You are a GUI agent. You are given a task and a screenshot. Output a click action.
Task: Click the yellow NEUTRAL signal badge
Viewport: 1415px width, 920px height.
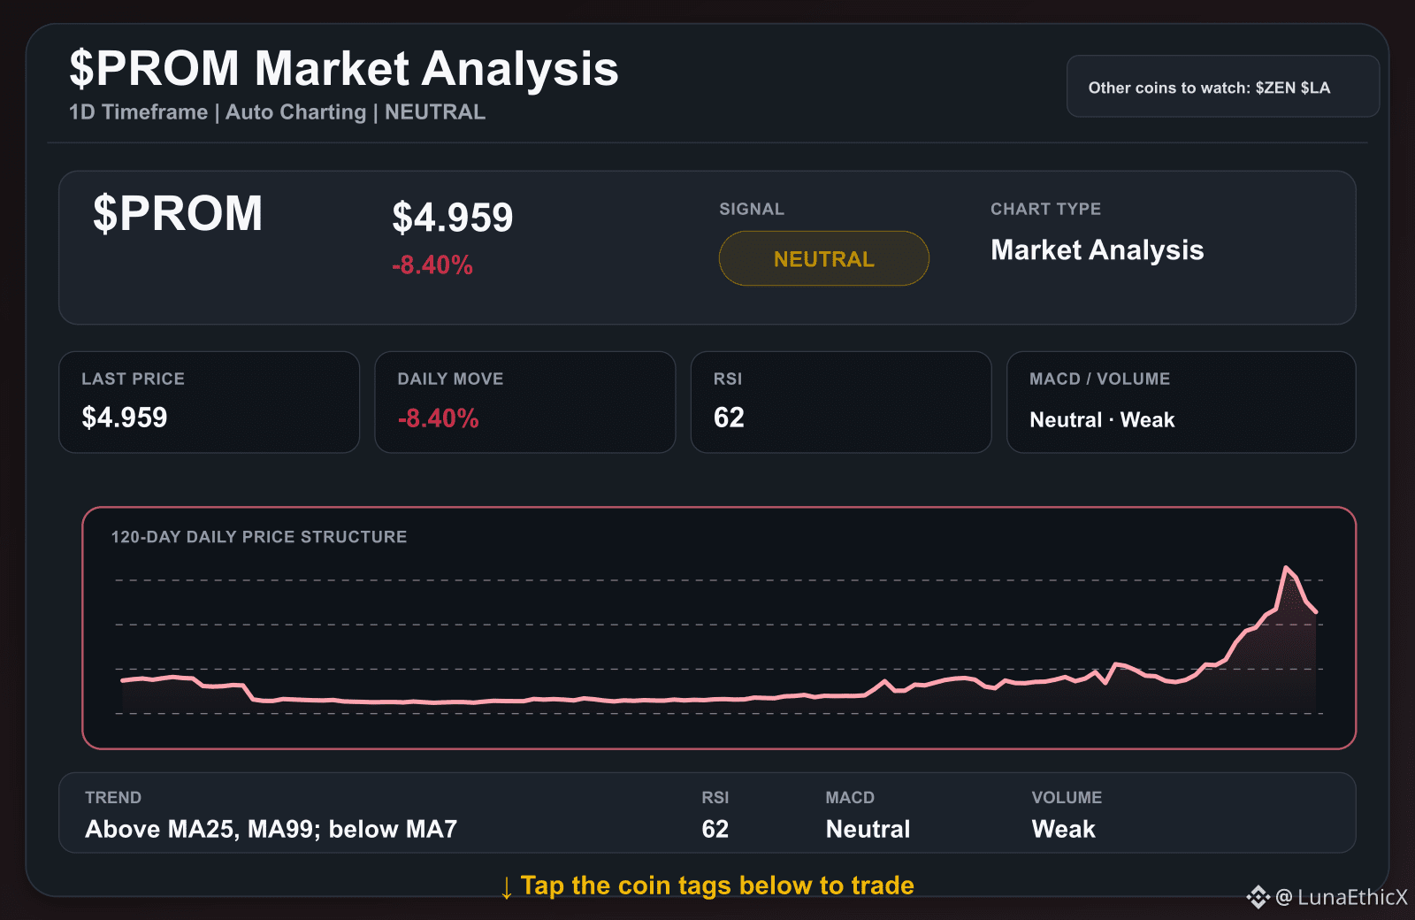point(823,258)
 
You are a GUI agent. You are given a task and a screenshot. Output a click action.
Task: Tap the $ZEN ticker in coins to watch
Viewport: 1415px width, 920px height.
point(1275,88)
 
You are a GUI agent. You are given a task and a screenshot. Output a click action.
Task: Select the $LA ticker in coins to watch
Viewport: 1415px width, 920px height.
point(1316,88)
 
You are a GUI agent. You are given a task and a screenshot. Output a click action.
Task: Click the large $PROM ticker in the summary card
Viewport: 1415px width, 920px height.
point(178,213)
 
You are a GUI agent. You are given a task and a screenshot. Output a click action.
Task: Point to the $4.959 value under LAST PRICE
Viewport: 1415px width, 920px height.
point(125,418)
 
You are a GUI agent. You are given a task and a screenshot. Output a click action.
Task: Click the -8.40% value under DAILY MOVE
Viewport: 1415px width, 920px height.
point(439,418)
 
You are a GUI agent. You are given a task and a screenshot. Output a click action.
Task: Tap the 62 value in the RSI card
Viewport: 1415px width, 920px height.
point(729,418)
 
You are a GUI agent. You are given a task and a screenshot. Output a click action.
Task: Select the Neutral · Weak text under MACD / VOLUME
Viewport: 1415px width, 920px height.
point(1102,419)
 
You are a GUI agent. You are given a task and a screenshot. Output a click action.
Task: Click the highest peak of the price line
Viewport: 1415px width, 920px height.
point(1286,567)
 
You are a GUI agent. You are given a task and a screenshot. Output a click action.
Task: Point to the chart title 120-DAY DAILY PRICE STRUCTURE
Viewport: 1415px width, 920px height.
point(259,537)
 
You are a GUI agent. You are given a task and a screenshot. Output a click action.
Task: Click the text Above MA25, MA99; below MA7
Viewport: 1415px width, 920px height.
point(271,829)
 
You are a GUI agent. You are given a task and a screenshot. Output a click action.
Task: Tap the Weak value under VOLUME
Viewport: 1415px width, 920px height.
point(1063,829)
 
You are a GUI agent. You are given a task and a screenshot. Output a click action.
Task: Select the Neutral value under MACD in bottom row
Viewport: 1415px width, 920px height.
point(868,829)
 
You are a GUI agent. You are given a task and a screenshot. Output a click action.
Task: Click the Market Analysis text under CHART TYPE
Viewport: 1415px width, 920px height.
point(1098,250)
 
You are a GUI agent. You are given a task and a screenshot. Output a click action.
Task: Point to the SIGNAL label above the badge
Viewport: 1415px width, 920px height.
point(752,209)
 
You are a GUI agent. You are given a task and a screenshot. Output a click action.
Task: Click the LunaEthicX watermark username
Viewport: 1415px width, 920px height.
point(1352,897)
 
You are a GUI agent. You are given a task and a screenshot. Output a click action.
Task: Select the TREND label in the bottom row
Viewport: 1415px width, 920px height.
point(113,797)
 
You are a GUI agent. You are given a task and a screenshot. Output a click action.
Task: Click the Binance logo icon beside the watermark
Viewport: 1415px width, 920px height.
point(1258,897)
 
